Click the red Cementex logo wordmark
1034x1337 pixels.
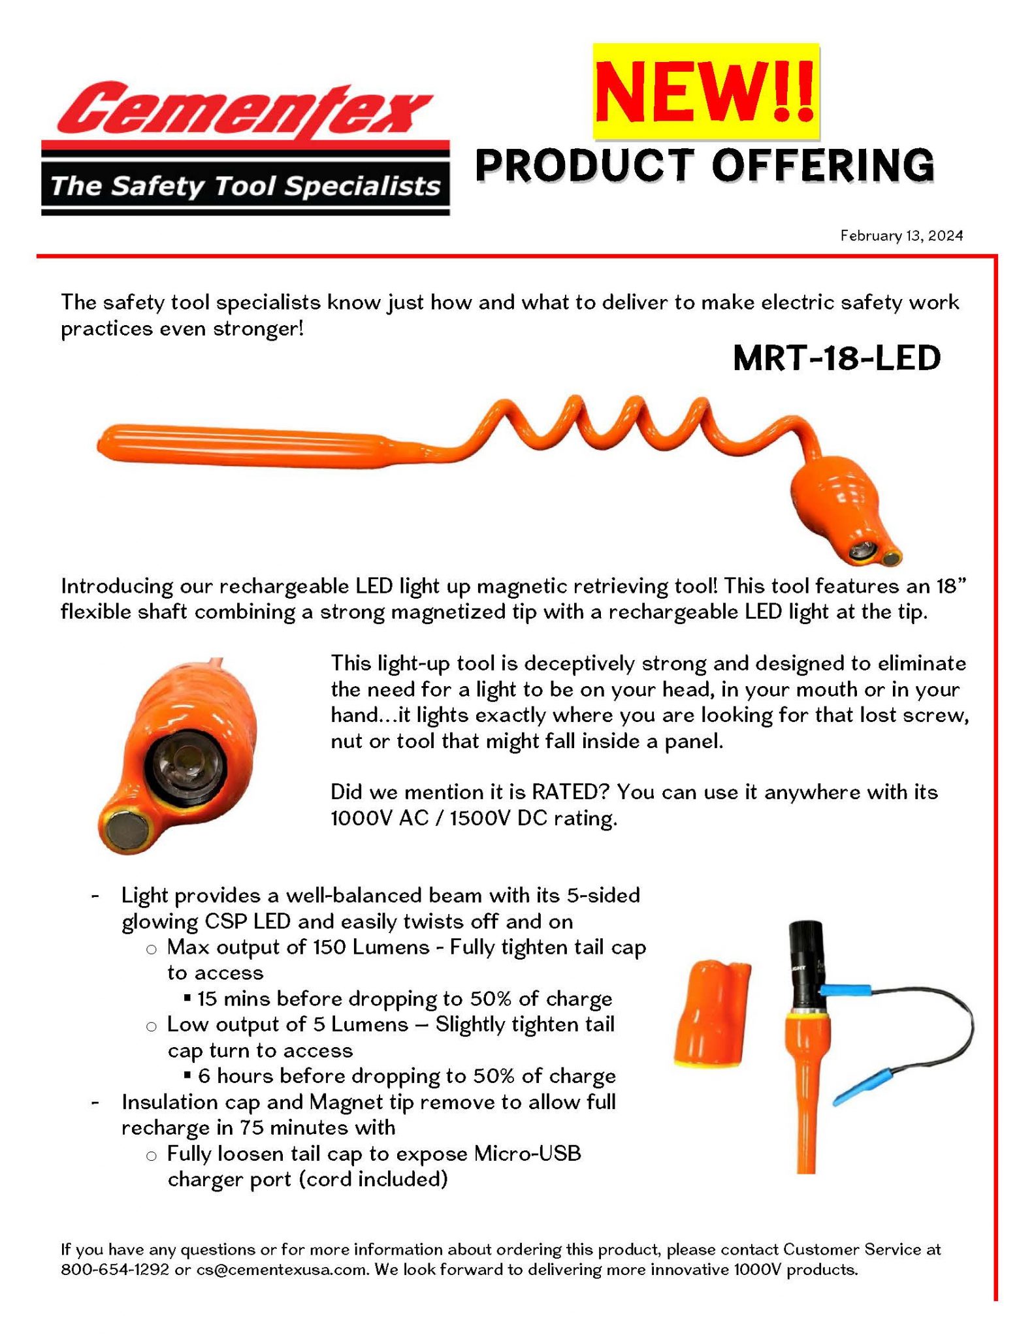(244, 110)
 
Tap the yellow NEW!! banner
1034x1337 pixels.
(705, 91)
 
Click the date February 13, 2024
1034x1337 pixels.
(901, 236)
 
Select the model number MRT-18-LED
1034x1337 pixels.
(836, 358)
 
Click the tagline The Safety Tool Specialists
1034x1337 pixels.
(245, 187)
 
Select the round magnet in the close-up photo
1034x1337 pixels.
(126, 831)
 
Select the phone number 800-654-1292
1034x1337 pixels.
(115, 1270)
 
